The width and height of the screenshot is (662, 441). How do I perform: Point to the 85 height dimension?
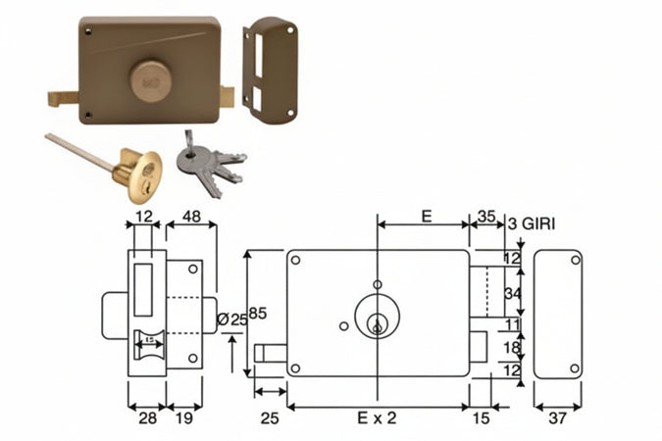tap(258, 314)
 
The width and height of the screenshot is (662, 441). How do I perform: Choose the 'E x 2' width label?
tap(378, 416)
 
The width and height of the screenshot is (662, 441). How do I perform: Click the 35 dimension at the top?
tap(485, 217)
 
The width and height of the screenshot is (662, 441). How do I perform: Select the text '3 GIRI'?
tap(533, 224)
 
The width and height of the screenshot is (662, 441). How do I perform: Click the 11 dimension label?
tap(510, 324)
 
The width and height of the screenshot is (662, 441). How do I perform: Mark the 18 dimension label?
tap(510, 348)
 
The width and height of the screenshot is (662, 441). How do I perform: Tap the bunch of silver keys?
tap(211, 162)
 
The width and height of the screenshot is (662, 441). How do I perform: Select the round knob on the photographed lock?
tap(151, 80)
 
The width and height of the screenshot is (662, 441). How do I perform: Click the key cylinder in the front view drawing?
tap(377, 317)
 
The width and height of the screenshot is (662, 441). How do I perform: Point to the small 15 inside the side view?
tap(149, 340)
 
